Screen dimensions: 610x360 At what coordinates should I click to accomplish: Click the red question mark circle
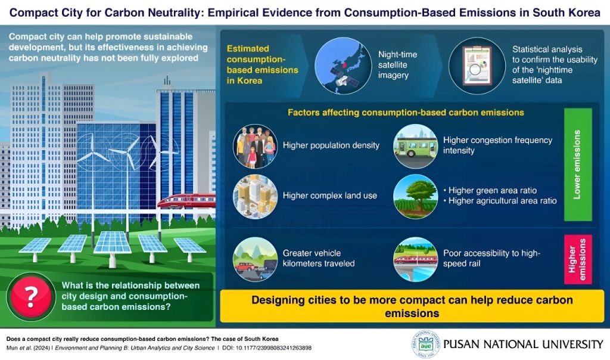point(31,297)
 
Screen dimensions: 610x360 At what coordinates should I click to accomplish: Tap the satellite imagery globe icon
point(343,66)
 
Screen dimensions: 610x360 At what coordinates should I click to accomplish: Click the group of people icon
point(255,146)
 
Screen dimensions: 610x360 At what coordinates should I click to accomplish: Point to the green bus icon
point(415,146)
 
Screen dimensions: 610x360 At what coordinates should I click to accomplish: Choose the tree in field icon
point(415,196)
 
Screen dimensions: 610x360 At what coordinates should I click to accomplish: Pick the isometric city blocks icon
point(255,196)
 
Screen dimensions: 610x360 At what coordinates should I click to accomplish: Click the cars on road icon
point(255,259)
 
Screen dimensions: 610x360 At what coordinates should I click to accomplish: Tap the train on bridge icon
point(415,259)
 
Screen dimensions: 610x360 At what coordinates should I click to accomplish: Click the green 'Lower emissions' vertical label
point(578,165)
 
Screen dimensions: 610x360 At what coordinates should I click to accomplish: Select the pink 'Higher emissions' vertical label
point(578,259)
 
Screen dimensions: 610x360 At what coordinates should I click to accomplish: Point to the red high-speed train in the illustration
point(186,201)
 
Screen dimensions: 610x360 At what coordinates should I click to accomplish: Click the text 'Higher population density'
point(331,145)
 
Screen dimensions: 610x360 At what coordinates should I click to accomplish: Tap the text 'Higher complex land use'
point(330,195)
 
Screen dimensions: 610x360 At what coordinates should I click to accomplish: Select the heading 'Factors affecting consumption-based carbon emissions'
point(406,113)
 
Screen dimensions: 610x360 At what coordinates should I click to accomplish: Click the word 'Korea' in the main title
point(583,13)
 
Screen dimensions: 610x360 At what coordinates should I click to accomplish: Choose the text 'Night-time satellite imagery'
point(397,65)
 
